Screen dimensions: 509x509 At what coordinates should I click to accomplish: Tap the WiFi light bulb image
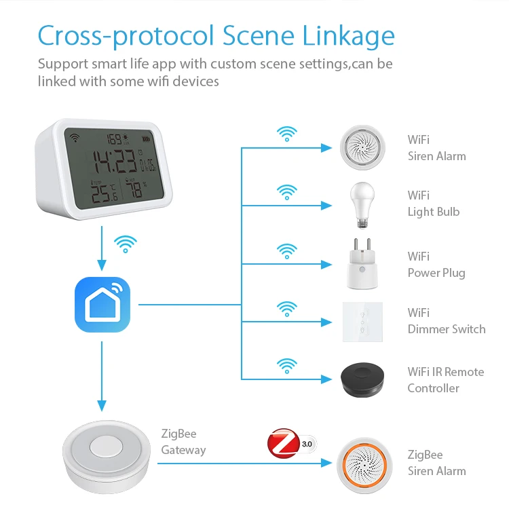point(362,202)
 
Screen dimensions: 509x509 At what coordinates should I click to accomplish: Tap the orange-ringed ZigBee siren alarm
point(362,463)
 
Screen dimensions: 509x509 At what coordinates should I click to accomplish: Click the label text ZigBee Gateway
point(183,442)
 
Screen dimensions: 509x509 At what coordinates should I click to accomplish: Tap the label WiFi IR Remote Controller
point(445,380)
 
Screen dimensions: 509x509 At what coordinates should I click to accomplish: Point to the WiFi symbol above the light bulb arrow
point(287,191)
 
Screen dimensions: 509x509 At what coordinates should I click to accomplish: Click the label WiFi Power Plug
point(436,265)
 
